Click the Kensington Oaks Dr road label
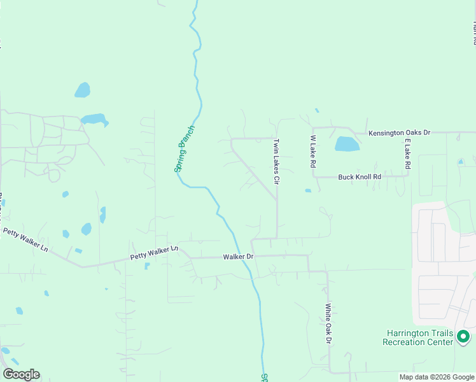[400, 132]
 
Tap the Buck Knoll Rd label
[359, 177]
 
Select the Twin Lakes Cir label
[277, 162]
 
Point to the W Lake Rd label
[313, 151]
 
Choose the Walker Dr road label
[238, 257]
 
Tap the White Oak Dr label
[328, 325]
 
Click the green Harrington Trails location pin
[463, 336]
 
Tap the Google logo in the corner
[21, 374]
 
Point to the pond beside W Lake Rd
[347, 144]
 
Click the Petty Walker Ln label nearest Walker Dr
[154, 253]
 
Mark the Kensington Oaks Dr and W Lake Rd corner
[313, 127]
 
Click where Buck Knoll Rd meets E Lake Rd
[407, 176]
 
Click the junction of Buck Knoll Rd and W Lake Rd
[313, 177]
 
